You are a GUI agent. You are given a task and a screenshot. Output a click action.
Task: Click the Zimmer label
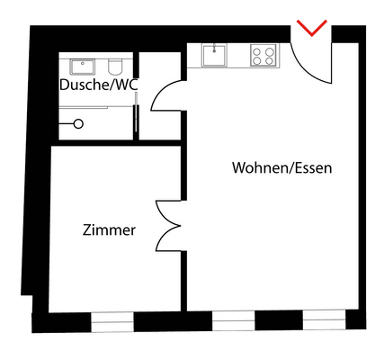click(x=108, y=230)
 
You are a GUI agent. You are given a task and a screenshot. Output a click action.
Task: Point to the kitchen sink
click(x=214, y=56)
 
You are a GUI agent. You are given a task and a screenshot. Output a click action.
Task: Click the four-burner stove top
click(x=263, y=56)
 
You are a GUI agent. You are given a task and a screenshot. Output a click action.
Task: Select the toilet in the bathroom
click(x=115, y=68)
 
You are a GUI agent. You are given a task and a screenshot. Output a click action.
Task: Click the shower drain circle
click(x=79, y=123)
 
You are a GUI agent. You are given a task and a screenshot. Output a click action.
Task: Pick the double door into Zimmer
click(x=166, y=225)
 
